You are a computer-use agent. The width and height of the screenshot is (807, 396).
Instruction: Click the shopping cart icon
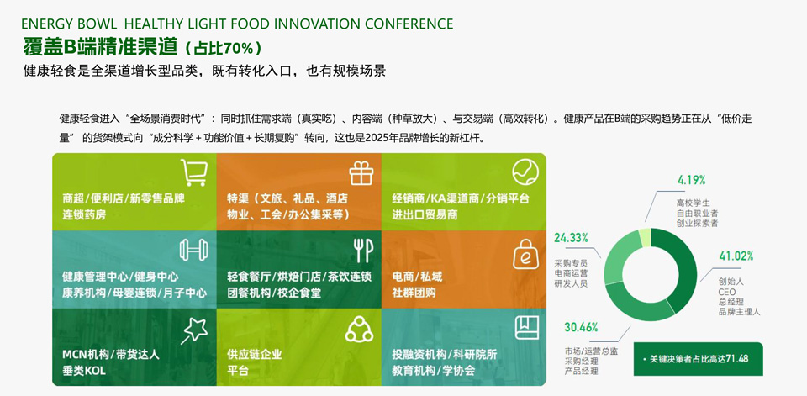click(x=194, y=172)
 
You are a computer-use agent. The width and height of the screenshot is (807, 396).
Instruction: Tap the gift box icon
click(x=361, y=172)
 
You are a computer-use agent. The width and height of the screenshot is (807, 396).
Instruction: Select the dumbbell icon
click(x=193, y=250)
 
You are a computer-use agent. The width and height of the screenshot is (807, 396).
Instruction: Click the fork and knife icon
click(x=363, y=251)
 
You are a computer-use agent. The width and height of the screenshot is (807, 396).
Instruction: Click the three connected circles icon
click(x=359, y=329)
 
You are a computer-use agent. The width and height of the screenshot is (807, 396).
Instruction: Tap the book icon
click(x=526, y=328)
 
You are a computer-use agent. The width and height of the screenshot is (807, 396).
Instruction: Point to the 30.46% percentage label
click(x=581, y=327)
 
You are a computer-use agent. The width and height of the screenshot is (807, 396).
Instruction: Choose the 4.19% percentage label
click(x=691, y=180)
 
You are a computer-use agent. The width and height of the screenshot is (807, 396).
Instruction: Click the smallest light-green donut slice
click(x=645, y=237)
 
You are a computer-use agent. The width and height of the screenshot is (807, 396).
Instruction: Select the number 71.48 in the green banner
click(x=736, y=358)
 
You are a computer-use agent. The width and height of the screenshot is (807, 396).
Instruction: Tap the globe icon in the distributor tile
click(x=525, y=172)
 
